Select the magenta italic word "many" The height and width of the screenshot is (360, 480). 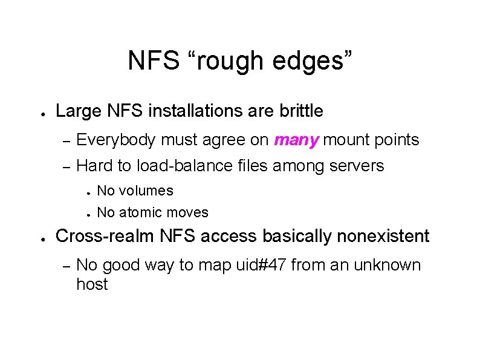(x=296, y=140)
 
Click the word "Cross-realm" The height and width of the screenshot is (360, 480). (x=106, y=236)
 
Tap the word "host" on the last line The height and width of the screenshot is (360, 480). (x=92, y=285)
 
